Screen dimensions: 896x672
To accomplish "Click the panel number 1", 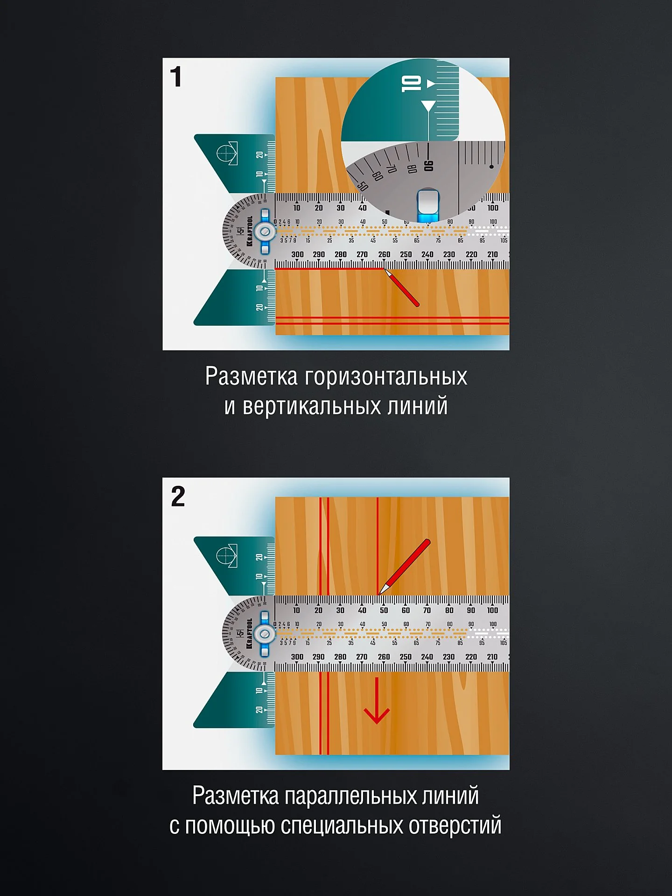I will tap(176, 77).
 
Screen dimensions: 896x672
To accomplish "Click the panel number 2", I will tap(178, 497).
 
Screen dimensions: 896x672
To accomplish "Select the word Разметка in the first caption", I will tap(251, 376).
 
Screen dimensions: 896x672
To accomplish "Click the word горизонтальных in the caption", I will tap(386, 377).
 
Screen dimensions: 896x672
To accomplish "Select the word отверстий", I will tap(455, 826).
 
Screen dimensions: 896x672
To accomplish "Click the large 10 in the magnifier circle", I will tap(412, 84).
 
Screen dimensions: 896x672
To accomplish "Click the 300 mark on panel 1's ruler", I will tap(297, 254).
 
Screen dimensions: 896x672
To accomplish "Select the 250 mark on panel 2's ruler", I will tap(406, 657).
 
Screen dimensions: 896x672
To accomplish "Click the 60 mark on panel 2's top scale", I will tap(406, 610).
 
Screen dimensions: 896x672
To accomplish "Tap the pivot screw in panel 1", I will tap(265, 231).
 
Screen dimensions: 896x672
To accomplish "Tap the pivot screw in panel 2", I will tap(265, 634).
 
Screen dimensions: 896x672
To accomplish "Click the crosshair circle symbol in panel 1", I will tap(226, 153).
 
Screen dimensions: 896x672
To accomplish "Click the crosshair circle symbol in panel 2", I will tap(226, 555).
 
